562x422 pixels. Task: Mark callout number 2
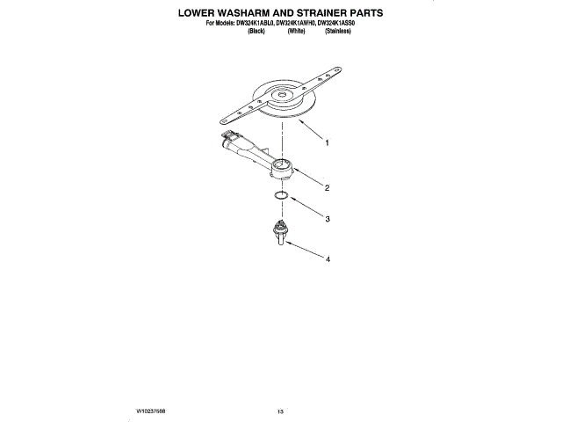pyautogui.click(x=327, y=187)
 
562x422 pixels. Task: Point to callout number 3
pyautogui.click(x=327, y=219)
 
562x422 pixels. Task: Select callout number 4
pyautogui.click(x=327, y=260)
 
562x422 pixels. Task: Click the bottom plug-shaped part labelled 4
pyautogui.click(x=281, y=234)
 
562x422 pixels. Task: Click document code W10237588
pyautogui.click(x=153, y=411)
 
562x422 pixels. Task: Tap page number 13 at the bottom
pyautogui.click(x=281, y=411)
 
